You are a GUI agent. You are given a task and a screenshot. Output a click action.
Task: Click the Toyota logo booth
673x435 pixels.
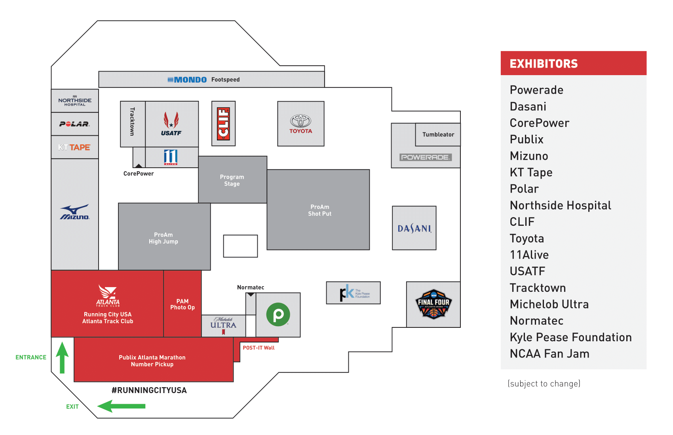[301, 124]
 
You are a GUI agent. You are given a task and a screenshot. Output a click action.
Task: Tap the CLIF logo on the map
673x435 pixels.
[224, 123]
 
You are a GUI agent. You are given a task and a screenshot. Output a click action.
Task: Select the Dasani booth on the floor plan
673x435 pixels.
[414, 228]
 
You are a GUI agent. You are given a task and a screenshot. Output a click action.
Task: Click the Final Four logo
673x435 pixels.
[433, 304]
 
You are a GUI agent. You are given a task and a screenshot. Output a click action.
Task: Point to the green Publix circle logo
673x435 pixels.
[278, 314]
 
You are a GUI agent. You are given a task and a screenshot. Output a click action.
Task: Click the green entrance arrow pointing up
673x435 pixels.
[62, 357]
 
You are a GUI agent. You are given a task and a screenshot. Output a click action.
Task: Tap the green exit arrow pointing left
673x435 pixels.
[121, 406]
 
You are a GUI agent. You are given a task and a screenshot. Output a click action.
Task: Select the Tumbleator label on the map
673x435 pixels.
[438, 134]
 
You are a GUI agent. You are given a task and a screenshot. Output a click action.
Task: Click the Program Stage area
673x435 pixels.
[232, 180]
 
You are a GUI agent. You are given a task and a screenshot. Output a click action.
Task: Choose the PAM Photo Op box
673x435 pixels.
[183, 304]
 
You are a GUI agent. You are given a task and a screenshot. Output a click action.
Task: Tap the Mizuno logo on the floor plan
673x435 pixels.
[75, 212]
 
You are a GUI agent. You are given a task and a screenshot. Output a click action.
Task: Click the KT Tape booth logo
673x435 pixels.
[74, 148]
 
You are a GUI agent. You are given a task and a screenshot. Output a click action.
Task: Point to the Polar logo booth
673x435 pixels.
[74, 124]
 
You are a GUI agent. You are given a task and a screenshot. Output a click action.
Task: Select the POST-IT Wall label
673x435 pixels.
[259, 348]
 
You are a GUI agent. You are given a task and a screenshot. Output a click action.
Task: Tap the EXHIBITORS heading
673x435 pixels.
[544, 64]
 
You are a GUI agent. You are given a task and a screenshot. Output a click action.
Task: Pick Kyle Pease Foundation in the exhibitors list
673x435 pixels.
[570, 337]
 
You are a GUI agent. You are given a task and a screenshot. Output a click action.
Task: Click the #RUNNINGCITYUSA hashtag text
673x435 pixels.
[149, 390]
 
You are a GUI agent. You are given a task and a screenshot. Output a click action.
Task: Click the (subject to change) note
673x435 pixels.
[544, 384]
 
